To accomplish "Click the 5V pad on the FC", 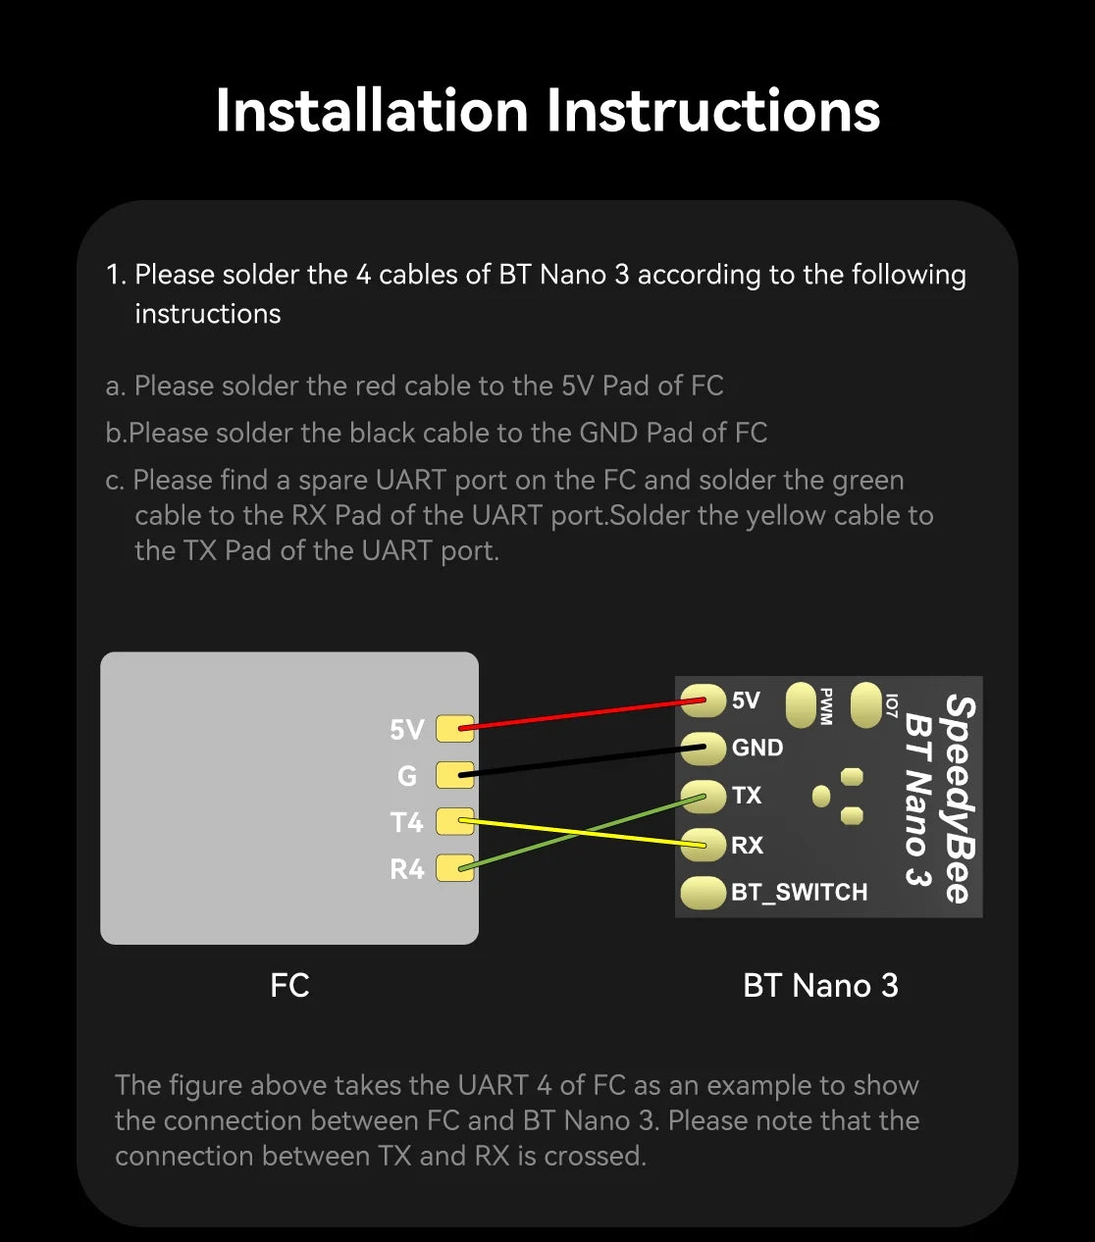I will (454, 728).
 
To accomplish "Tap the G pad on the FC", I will (454, 775).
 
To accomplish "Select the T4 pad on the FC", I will (454, 821).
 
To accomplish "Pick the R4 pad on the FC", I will (454, 868).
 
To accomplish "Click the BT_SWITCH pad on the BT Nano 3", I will (703, 893).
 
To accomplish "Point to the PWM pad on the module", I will (803, 705).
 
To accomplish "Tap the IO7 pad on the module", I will (866, 705).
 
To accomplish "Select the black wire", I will (579, 762).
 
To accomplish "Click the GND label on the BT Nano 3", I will (757, 748).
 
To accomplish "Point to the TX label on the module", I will (747, 796).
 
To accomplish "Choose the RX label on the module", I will (747, 845).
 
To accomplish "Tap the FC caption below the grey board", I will (289, 985).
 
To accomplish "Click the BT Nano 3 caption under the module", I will (820, 985).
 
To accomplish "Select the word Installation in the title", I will (372, 110).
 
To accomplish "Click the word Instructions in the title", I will (713, 110).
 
